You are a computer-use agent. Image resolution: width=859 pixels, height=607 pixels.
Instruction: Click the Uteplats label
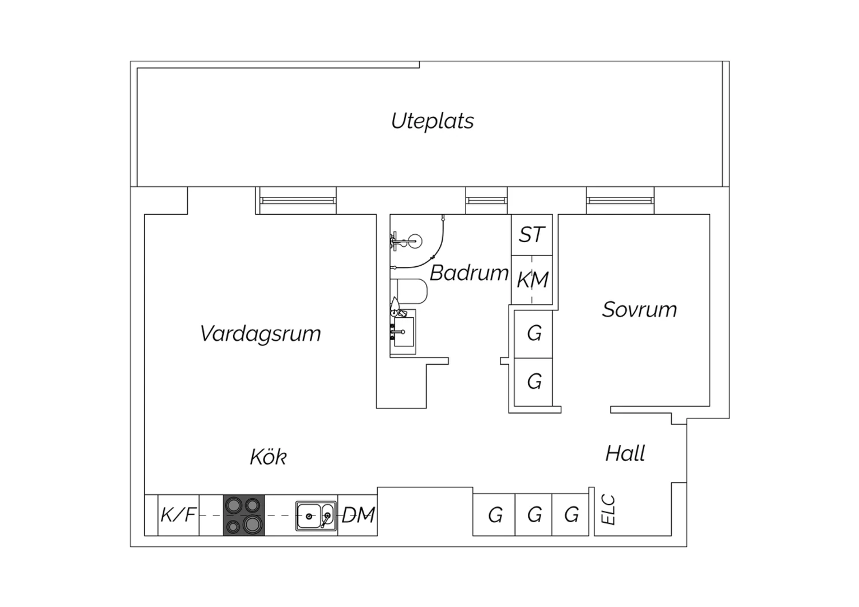(x=432, y=121)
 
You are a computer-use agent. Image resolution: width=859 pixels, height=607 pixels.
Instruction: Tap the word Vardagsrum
(x=261, y=334)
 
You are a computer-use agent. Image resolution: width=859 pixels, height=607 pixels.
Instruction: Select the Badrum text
(x=469, y=273)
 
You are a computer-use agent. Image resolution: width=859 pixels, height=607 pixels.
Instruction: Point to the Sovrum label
(x=639, y=309)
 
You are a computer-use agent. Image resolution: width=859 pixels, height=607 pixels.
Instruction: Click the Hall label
(x=625, y=454)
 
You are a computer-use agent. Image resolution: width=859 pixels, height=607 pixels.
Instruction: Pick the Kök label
(x=269, y=456)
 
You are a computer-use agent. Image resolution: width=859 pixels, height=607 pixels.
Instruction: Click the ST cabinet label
(x=531, y=235)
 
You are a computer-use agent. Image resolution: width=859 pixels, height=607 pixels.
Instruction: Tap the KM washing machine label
(x=532, y=279)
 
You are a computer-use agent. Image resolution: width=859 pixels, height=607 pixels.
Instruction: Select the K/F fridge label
(x=178, y=515)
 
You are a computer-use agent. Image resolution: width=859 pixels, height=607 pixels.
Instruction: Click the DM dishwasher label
(x=358, y=515)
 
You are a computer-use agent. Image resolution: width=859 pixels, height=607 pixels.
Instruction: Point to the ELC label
(x=608, y=510)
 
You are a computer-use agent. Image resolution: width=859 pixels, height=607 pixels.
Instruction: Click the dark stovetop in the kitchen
(x=244, y=515)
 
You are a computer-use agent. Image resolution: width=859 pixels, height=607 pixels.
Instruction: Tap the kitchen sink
(x=316, y=516)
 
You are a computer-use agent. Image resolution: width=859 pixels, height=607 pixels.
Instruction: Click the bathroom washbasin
(x=403, y=332)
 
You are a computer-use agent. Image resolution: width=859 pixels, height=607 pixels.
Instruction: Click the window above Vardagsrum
(x=298, y=200)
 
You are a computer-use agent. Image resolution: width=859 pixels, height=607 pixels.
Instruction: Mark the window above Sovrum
(x=620, y=200)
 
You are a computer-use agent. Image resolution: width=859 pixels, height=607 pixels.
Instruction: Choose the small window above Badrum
(x=487, y=200)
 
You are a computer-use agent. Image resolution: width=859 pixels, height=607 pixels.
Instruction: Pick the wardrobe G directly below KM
(x=533, y=334)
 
